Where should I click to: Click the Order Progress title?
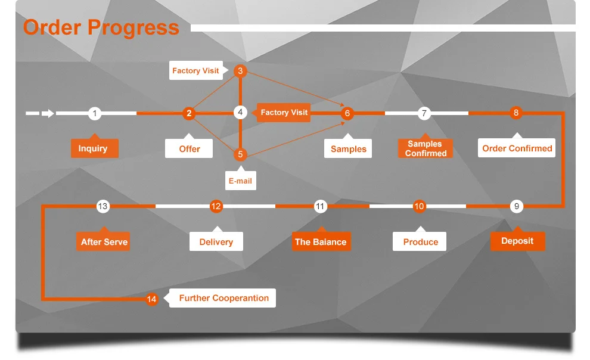pyautogui.click(x=101, y=28)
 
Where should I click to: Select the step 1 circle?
pyautogui.click(x=94, y=113)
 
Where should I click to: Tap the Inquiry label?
pyautogui.click(x=94, y=148)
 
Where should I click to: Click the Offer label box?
pyautogui.click(x=190, y=148)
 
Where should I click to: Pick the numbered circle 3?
pyautogui.click(x=240, y=71)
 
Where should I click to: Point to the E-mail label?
pyautogui.click(x=240, y=181)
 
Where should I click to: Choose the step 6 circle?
pyautogui.click(x=347, y=113)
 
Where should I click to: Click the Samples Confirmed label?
pyautogui.click(x=426, y=148)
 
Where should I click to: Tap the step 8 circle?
pyautogui.click(x=516, y=113)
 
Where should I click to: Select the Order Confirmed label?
pyautogui.click(x=517, y=148)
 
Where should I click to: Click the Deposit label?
pyautogui.click(x=517, y=241)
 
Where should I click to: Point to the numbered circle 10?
pyautogui.click(x=420, y=206)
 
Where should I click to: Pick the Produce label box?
pyautogui.click(x=420, y=242)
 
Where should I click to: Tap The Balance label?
pyautogui.click(x=321, y=242)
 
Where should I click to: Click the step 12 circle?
pyautogui.click(x=216, y=206)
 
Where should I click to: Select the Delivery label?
pyautogui.click(x=216, y=242)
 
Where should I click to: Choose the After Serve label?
pyautogui.click(x=104, y=242)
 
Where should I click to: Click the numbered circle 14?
pyautogui.click(x=152, y=299)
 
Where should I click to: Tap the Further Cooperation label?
pyautogui.click(x=223, y=298)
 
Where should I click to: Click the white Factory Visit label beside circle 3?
pyautogui.click(x=195, y=71)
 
